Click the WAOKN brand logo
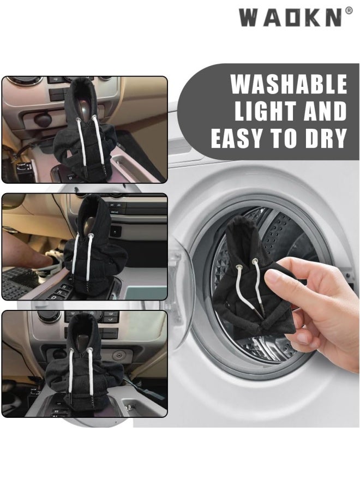coord(291,17)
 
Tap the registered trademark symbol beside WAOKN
coord(349,11)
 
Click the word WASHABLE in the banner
coord(289,84)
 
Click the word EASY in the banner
coord(241,138)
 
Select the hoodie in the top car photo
coord(85,128)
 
